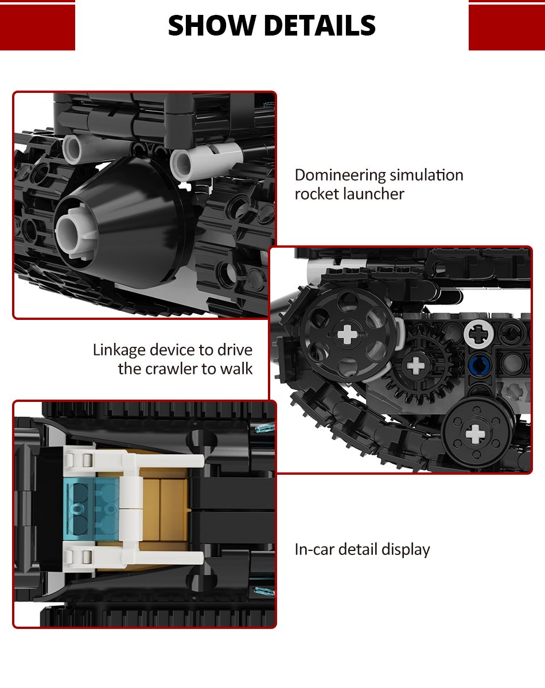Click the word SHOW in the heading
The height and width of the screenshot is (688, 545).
(211, 25)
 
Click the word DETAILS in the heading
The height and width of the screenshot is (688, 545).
(320, 25)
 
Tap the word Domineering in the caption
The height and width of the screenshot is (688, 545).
(340, 175)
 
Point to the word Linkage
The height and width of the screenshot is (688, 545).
(119, 350)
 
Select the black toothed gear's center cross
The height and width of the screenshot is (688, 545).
(415, 365)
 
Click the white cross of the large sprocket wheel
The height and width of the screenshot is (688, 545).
(347, 334)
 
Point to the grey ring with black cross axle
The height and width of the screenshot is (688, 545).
(479, 334)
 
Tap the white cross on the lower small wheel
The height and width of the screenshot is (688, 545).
(475, 435)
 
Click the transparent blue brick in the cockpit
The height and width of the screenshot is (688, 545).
(92, 508)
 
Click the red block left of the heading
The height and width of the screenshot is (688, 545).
(37, 27)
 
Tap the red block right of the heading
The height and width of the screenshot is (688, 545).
(507, 27)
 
